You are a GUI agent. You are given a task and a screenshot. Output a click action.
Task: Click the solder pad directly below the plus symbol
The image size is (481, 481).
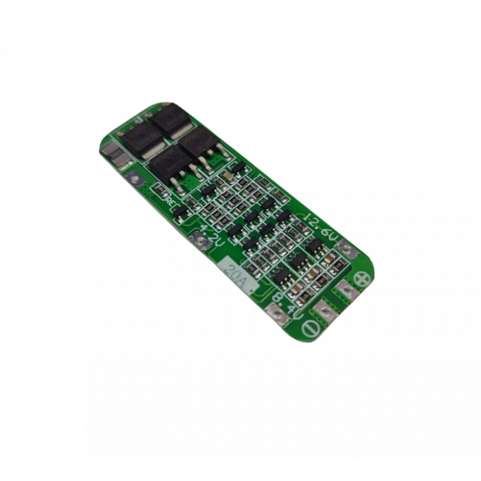pos(349,293)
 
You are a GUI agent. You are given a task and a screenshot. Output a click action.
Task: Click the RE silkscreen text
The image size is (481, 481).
pos(169,200)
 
